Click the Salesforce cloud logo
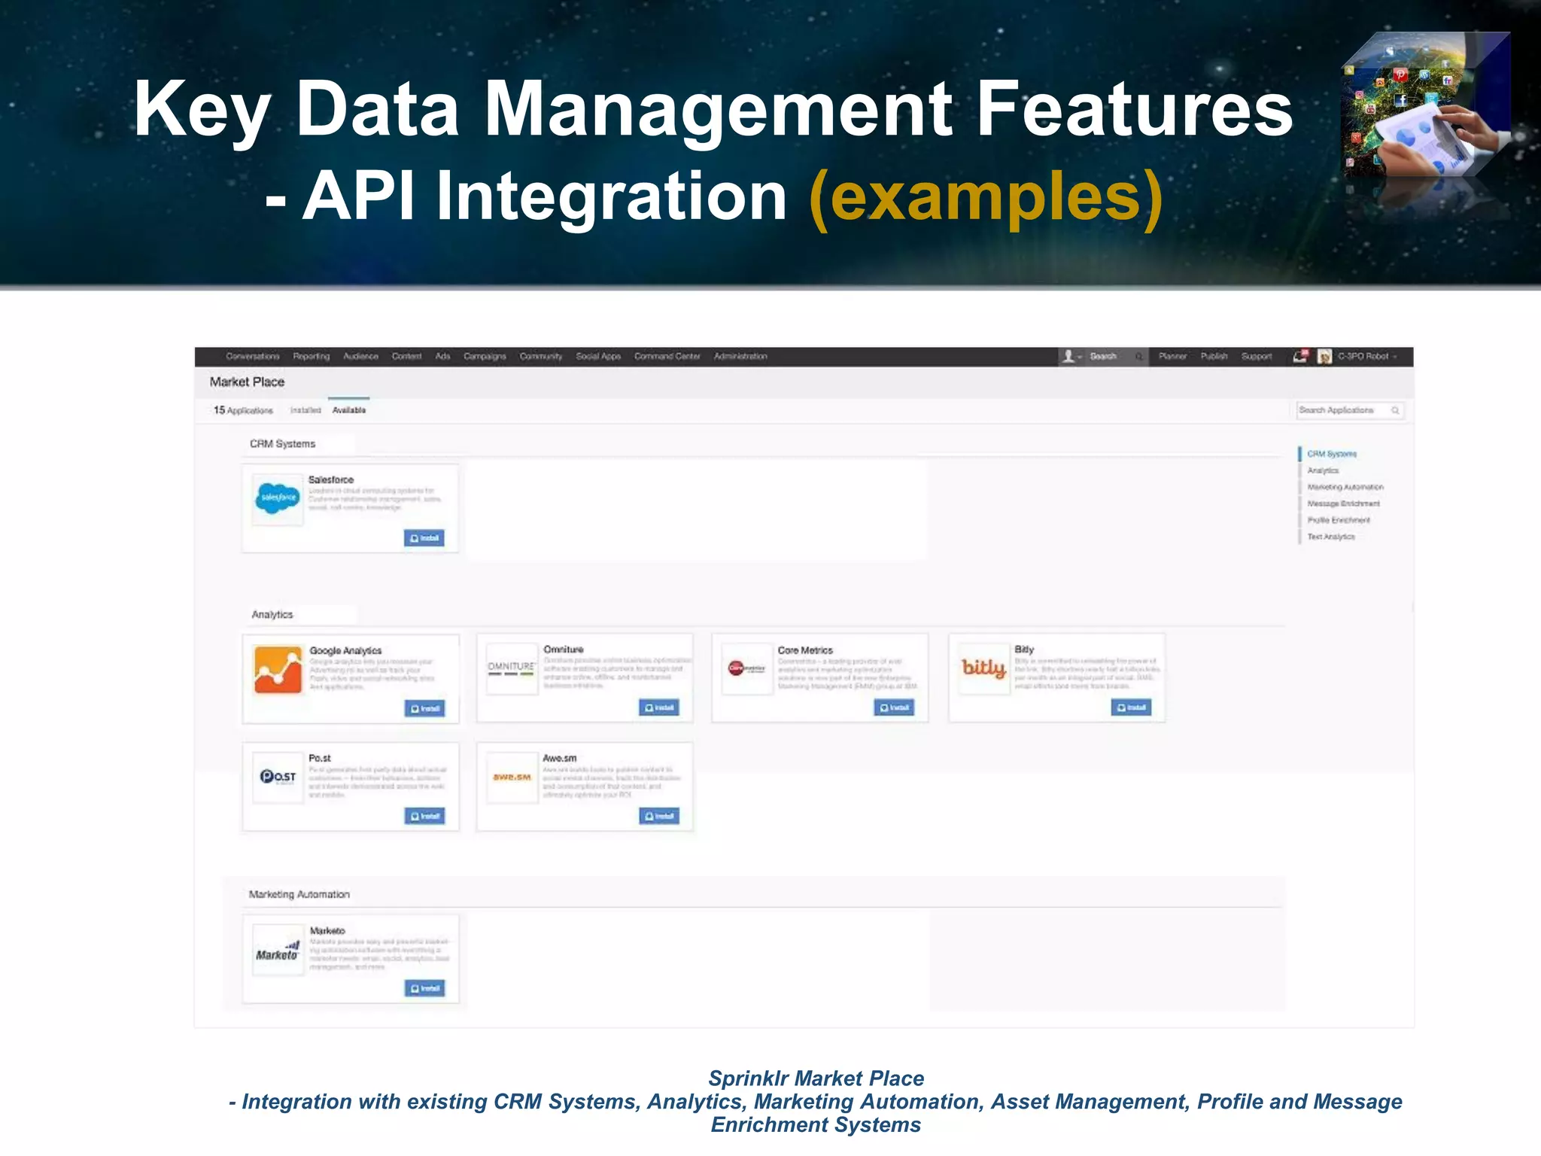[278, 497]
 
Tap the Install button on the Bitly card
[1131, 707]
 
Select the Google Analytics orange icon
[278, 669]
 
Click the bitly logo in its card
[983, 668]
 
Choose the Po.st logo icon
[278, 777]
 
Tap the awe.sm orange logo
[512, 777]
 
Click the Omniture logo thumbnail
[512, 668]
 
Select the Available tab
[348, 410]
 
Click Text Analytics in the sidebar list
[1330, 537]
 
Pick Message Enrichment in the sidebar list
[1343, 503]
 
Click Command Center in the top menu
[667, 357]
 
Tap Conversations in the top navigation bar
[252, 357]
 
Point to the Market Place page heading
[247, 382]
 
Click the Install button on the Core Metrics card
[894, 707]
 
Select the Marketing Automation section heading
[299, 894]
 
